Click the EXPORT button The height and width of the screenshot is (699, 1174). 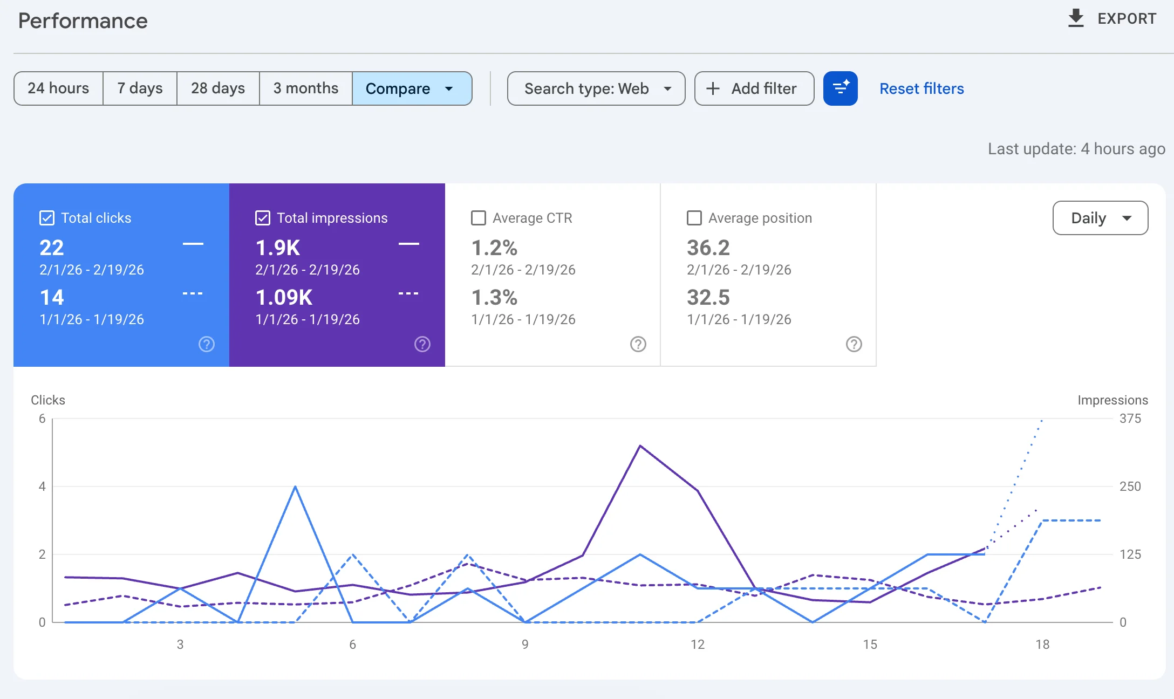tap(1112, 18)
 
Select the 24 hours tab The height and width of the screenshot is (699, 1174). tap(58, 88)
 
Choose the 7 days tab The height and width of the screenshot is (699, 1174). tap(140, 88)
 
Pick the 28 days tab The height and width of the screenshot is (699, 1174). tap(218, 88)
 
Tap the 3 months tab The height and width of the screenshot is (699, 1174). tap(305, 88)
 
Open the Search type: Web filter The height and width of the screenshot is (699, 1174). tap(596, 88)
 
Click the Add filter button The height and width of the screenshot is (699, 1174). tap(754, 88)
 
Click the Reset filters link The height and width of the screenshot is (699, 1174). tap(922, 88)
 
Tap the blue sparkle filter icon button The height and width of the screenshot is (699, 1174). tap(840, 88)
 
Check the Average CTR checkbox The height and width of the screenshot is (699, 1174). tap(479, 218)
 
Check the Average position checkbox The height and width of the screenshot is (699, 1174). tap(694, 218)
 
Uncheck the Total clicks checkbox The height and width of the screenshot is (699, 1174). tap(47, 218)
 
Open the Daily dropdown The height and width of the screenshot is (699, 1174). tap(1100, 218)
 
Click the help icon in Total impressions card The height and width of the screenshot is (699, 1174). tap(422, 344)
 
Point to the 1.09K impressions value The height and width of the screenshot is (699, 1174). tap(284, 297)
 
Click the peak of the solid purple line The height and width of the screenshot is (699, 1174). tap(640, 446)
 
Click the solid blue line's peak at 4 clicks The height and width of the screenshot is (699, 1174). tap(295, 486)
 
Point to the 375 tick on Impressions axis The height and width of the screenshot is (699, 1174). tap(1130, 419)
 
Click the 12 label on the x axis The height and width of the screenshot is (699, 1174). tap(697, 644)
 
